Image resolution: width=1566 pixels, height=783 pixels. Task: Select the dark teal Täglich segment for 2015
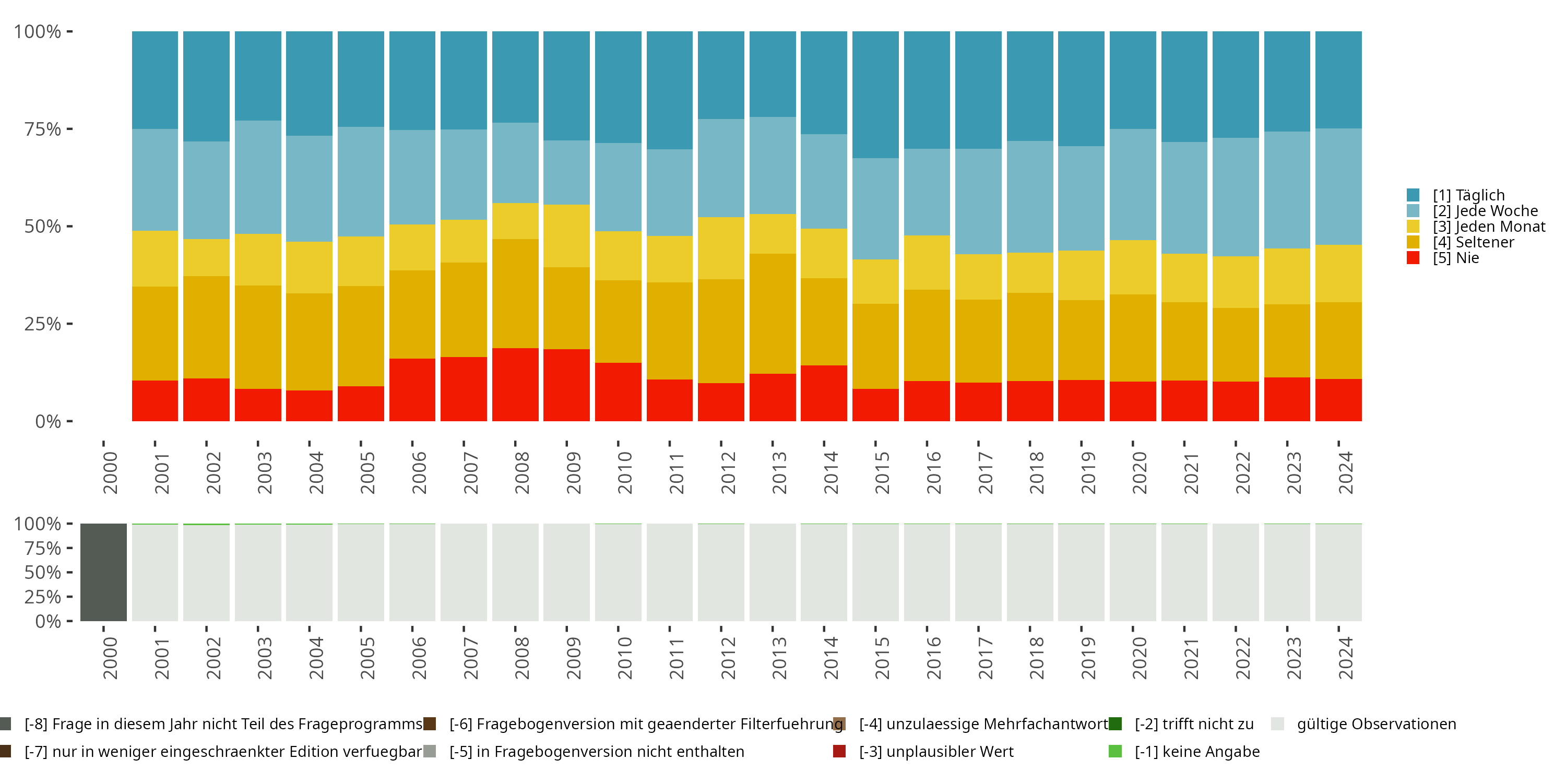tap(875, 94)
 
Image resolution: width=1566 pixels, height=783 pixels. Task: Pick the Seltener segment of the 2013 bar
tap(772, 313)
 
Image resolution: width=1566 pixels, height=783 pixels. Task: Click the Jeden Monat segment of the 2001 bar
tap(155, 258)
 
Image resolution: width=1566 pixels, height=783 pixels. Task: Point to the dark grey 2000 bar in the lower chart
tap(103, 572)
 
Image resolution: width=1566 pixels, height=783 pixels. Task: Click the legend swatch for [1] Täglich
tap(1413, 195)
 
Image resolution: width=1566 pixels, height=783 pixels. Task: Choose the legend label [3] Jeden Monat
tap(1489, 227)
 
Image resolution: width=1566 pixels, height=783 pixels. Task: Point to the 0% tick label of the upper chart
tap(48, 421)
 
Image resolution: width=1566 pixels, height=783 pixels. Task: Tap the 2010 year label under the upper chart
tap(624, 473)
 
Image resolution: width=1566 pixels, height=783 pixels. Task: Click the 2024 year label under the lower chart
tap(1345, 658)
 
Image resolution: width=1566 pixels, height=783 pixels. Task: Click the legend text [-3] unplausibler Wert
tap(936, 751)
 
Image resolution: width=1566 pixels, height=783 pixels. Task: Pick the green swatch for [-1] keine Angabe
tap(1115, 751)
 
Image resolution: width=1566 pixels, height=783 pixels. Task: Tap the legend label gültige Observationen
tap(1377, 724)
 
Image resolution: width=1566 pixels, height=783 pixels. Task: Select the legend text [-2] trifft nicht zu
tap(1194, 724)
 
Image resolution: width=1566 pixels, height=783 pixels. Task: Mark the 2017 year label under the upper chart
tap(985, 473)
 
